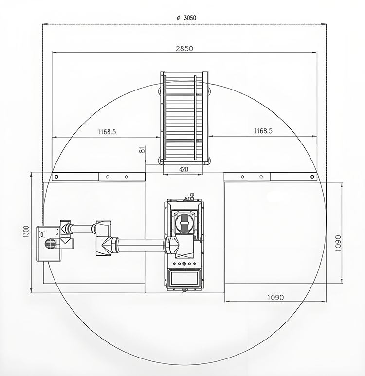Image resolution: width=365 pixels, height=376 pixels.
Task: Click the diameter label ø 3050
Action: click(186, 18)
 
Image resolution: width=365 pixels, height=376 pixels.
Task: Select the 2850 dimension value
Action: click(184, 49)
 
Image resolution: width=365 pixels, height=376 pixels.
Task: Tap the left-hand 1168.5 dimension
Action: click(107, 132)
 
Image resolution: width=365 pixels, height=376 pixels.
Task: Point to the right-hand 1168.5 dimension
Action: click(263, 131)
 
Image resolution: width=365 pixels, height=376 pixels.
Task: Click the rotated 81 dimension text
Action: click(142, 150)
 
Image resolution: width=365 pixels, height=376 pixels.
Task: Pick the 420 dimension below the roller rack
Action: click(183, 170)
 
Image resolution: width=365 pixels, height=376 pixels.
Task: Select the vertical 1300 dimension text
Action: click(26, 232)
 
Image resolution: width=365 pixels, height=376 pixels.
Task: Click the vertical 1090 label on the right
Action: click(338, 243)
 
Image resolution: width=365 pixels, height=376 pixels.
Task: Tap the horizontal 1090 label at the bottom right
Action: click(275, 297)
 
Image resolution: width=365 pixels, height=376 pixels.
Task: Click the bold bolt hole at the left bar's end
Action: click(56, 177)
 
